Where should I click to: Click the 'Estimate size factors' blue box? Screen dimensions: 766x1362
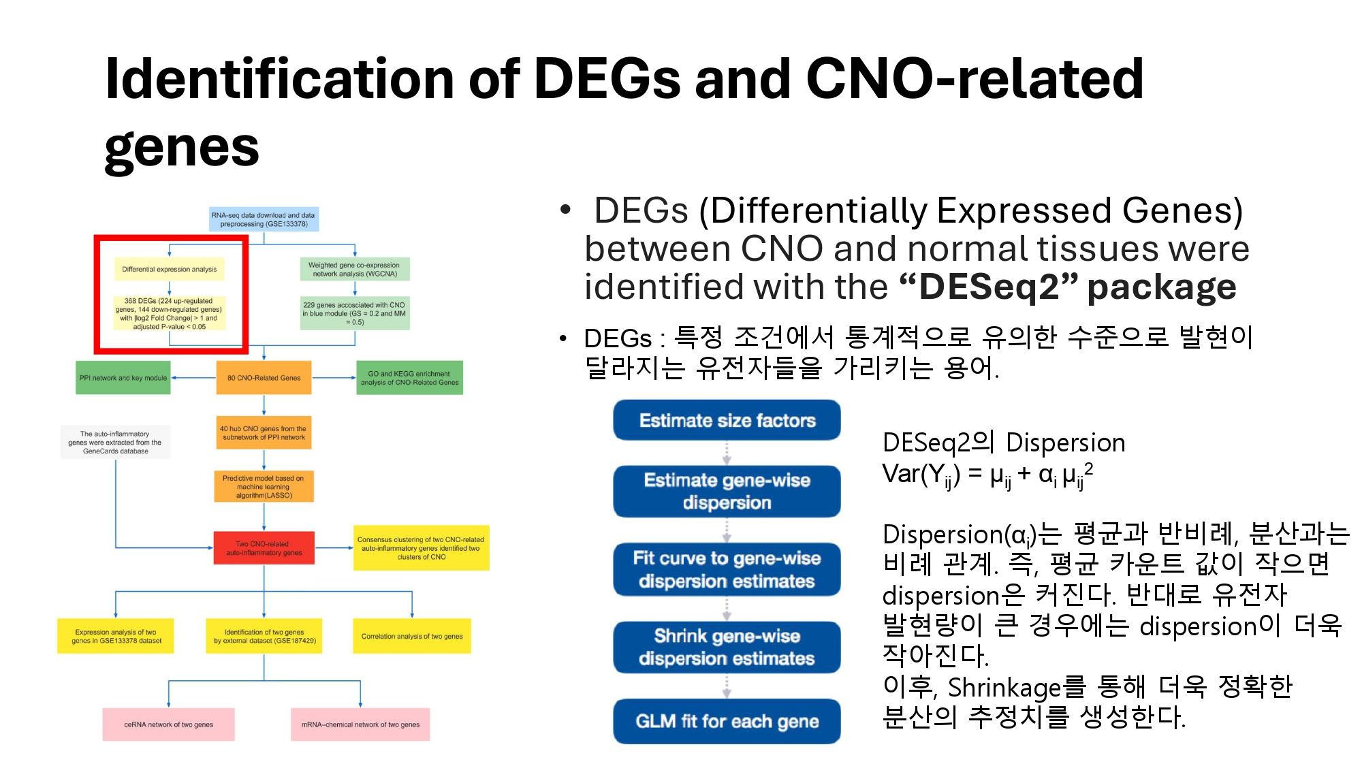(x=727, y=420)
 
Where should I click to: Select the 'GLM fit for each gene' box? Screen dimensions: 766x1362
(x=727, y=721)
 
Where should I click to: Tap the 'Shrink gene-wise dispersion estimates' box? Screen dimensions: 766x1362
(x=727, y=647)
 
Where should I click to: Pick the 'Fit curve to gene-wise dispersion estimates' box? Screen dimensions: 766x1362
(x=727, y=569)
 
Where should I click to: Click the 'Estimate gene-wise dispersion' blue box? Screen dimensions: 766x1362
(x=727, y=491)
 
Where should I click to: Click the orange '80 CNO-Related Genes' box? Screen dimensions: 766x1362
(x=264, y=378)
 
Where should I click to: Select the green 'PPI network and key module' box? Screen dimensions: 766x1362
(x=123, y=378)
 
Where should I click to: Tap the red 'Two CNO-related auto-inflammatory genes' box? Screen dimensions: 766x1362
(x=264, y=548)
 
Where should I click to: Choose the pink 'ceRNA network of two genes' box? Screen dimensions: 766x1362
(x=168, y=724)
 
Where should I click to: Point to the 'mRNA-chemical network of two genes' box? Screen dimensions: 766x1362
(x=360, y=724)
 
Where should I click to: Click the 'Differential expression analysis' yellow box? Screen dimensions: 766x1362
(x=170, y=270)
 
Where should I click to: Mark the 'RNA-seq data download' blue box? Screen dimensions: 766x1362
(x=264, y=219)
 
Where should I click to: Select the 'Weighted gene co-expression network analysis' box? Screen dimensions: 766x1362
(x=355, y=270)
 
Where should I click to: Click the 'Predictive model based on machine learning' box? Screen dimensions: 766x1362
(x=264, y=487)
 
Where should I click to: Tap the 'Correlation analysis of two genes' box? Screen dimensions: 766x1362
(x=411, y=637)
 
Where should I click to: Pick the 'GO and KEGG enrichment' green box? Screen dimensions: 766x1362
(x=409, y=378)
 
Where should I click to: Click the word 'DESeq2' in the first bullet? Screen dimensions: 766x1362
(x=989, y=287)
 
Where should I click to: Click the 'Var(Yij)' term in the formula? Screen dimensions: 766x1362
(x=921, y=475)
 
